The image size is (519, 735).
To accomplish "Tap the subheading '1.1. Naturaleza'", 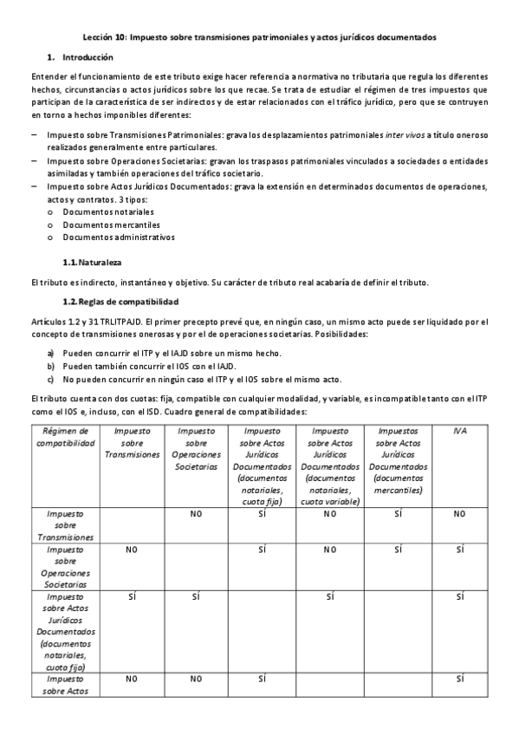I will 93,261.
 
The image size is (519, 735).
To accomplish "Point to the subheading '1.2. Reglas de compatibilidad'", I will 120,302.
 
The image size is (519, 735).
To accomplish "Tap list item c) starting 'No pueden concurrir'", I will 200,379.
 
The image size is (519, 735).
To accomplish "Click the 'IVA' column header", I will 459,431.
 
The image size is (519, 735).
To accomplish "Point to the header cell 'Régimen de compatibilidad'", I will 66,436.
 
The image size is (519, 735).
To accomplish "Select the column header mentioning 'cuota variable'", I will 331,465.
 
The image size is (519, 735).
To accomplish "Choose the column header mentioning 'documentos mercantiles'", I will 398,459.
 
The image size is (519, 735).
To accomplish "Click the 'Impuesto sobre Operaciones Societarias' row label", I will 66,567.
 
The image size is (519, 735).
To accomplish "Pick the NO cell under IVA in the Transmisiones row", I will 459,514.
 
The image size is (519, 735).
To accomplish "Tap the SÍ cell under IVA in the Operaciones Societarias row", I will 459,550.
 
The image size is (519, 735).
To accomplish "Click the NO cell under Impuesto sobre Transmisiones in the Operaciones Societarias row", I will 133,550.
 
